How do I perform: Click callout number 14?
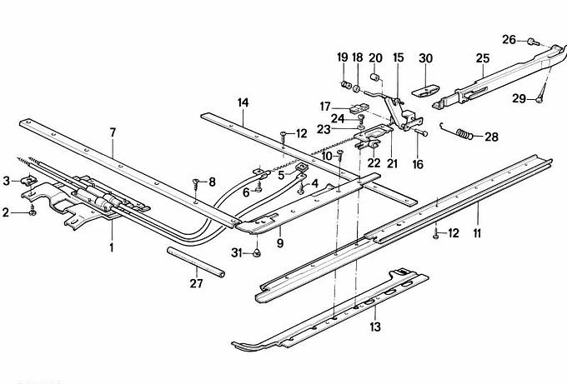point(243,103)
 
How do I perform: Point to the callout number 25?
point(483,58)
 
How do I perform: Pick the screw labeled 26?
point(533,40)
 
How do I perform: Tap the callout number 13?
point(375,327)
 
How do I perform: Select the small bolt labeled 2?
point(32,213)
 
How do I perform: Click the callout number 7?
point(113,132)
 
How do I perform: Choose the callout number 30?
point(426,58)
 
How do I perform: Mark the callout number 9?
point(279,243)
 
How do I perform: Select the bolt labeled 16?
point(420,133)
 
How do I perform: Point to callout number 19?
point(342,57)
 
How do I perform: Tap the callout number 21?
point(392,164)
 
